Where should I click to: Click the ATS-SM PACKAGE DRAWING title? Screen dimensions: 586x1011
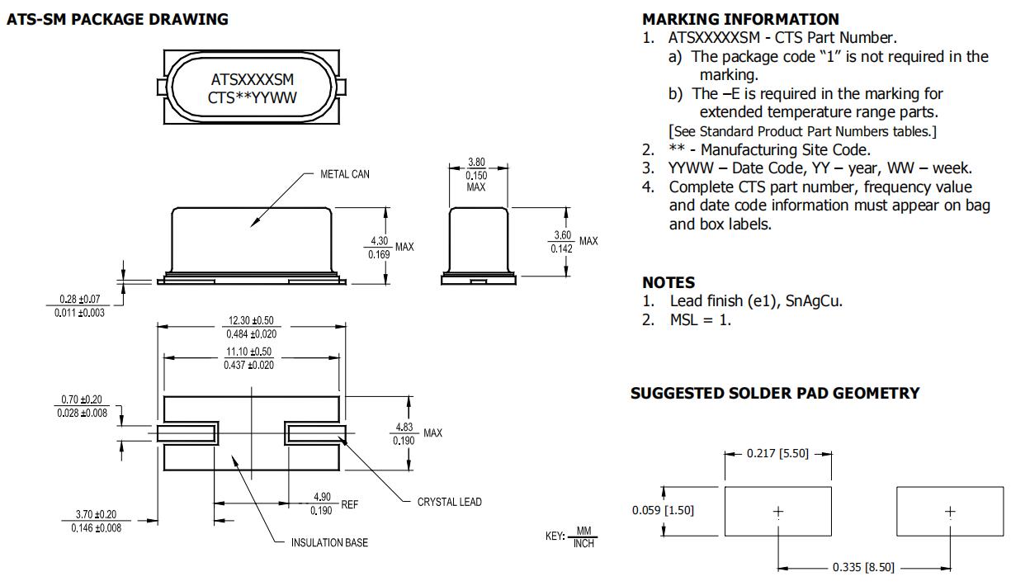click(117, 19)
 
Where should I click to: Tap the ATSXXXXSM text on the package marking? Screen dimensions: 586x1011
click(253, 80)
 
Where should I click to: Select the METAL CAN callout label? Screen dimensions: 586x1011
click(345, 174)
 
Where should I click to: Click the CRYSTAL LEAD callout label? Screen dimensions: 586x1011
click(449, 502)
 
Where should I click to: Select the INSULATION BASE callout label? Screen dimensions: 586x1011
click(329, 542)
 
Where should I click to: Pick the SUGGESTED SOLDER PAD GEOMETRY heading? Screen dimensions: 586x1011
click(774, 394)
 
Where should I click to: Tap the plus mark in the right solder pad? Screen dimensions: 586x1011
click(950, 511)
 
